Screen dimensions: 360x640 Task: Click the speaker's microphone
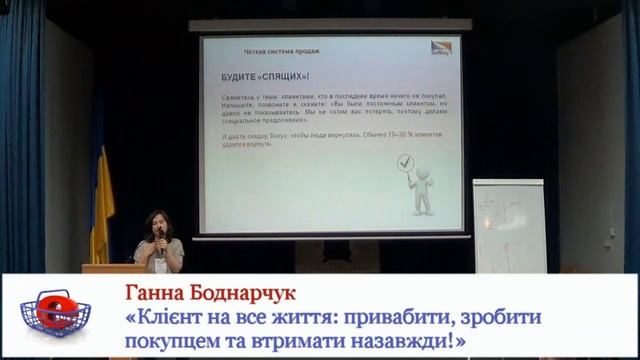point(160,235)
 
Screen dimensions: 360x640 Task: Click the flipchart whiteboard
point(509,226)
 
